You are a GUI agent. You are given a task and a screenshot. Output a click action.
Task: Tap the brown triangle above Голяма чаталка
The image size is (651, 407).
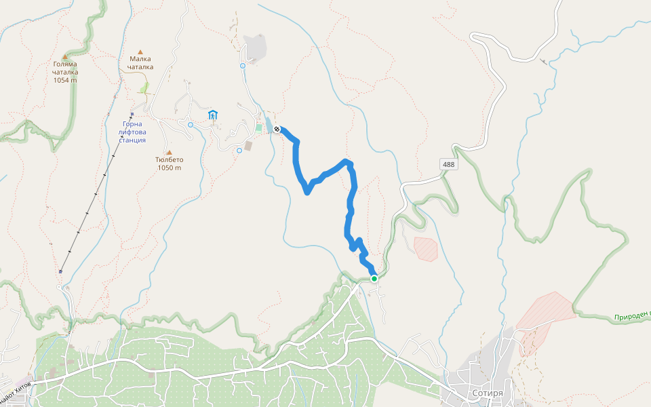pos(65,57)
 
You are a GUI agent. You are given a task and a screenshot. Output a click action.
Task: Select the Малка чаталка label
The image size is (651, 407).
pos(141,62)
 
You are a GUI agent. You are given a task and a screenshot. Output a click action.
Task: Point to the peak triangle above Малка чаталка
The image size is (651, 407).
pos(141,52)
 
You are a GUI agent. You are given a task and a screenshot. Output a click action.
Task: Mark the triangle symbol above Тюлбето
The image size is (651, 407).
pos(170,153)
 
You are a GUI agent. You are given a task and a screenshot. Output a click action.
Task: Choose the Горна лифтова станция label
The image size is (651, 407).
pos(127,132)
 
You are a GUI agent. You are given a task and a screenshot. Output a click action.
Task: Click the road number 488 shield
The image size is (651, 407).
pos(448,165)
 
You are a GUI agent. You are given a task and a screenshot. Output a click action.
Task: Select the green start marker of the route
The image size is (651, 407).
pos(374,278)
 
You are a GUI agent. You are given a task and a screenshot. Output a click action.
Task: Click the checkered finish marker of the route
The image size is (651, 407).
pos(277,129)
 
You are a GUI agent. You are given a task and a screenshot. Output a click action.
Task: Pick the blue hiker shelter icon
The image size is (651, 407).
pos(213,115)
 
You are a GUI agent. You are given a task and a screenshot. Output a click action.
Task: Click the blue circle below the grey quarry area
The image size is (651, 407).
pos(243,66)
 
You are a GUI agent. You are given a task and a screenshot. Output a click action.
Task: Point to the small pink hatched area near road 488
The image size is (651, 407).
pos(426,248)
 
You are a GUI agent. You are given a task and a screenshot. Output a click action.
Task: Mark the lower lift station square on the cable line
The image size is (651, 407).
pos(61,271)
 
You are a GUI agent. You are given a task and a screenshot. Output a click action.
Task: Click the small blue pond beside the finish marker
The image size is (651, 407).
pos(269,125)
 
